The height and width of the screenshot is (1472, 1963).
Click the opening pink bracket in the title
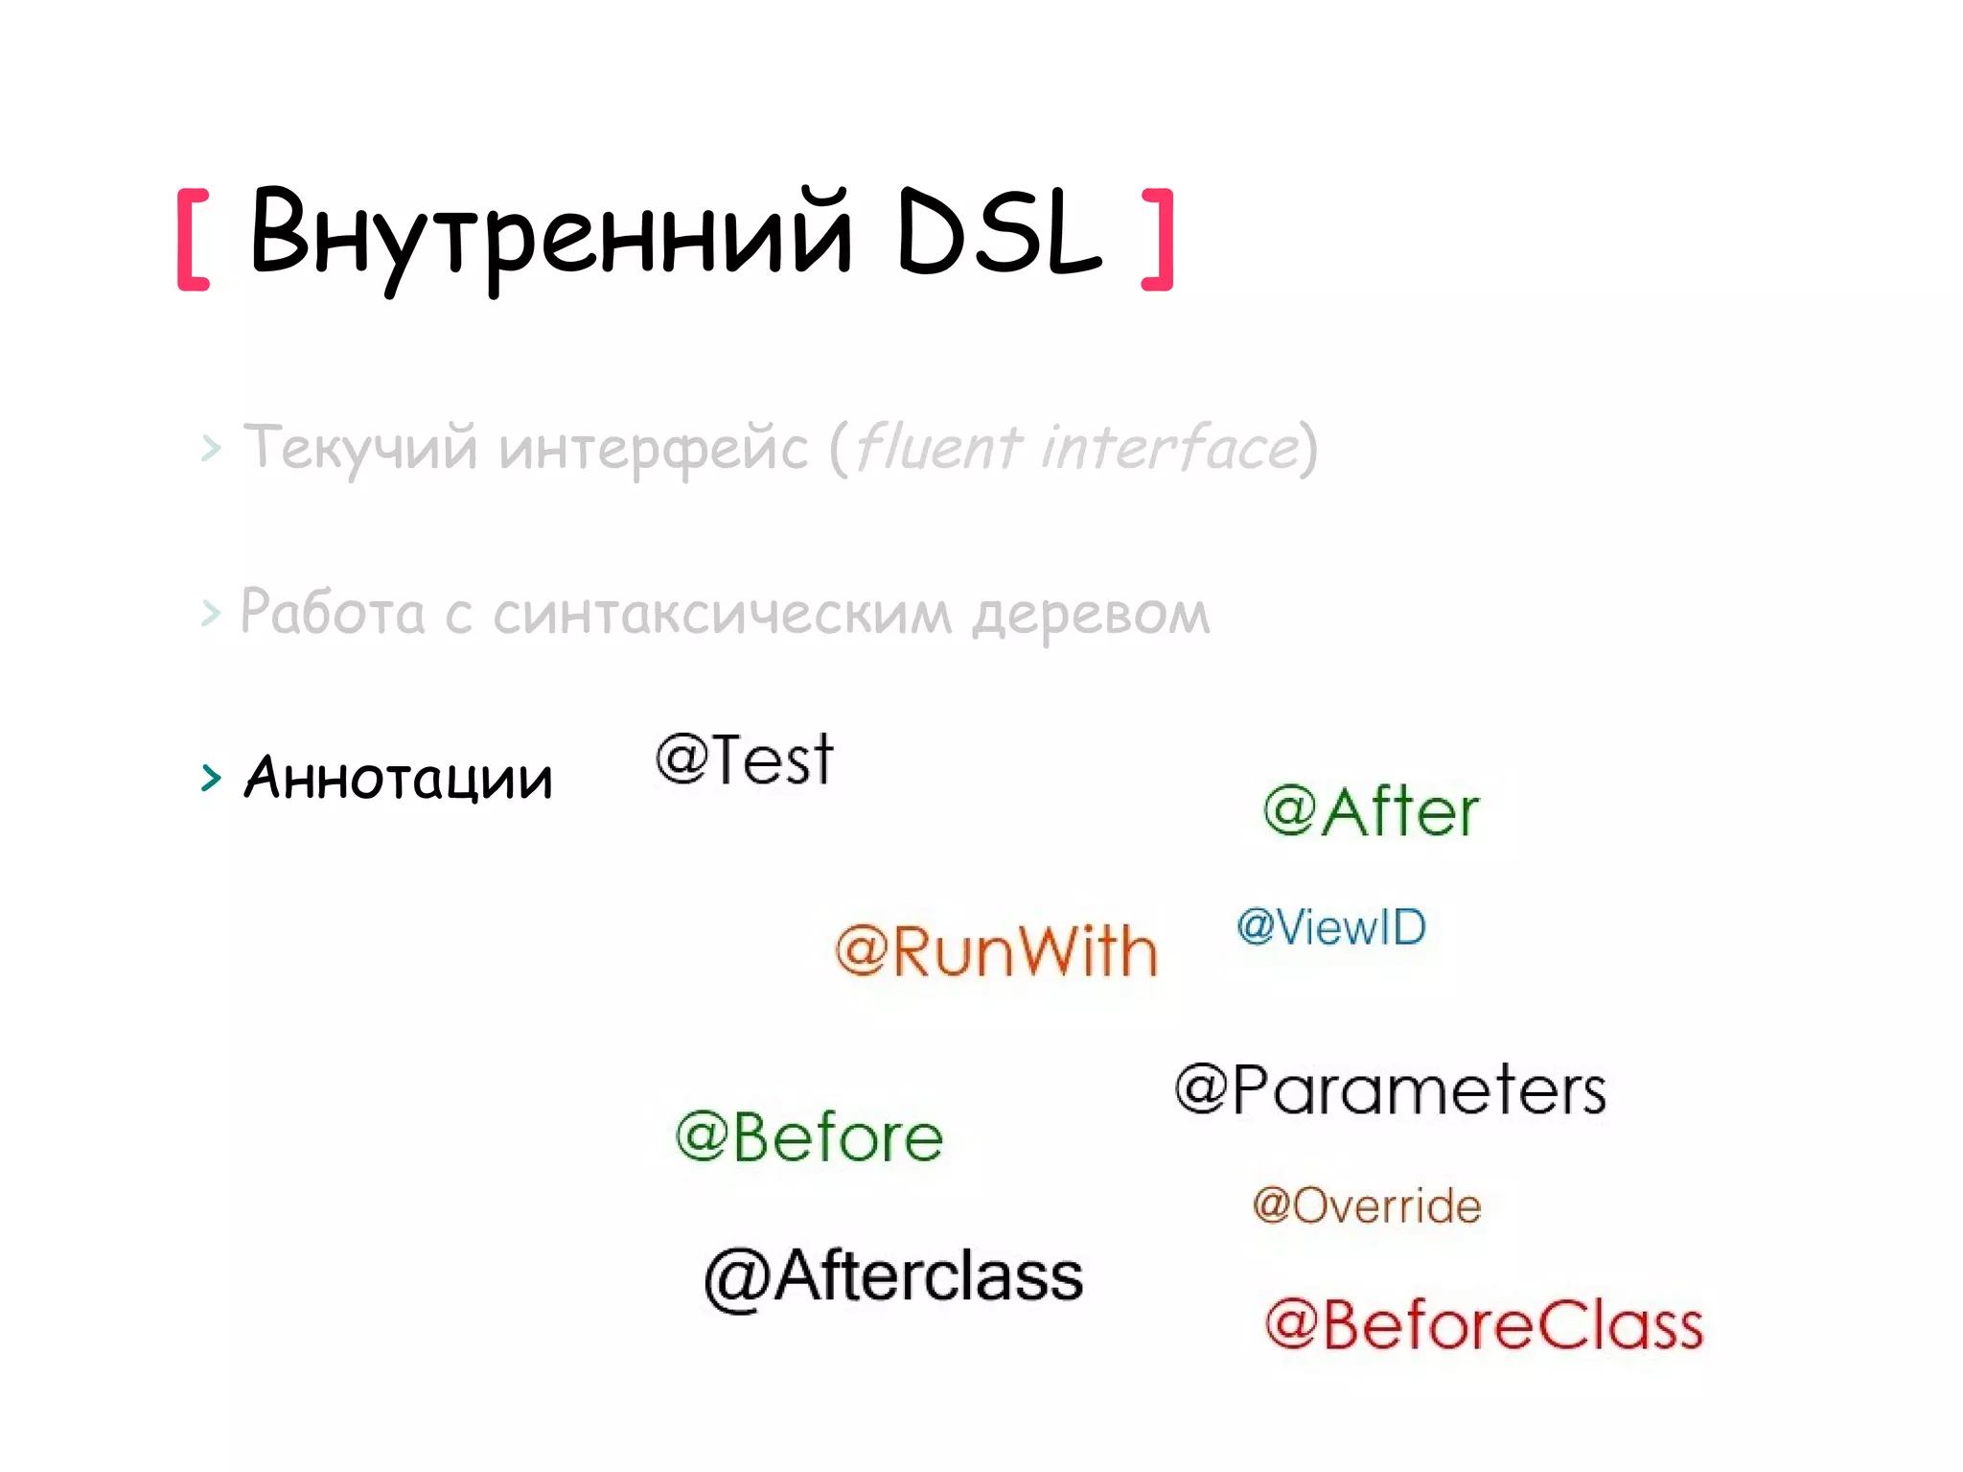[x=193, y=240]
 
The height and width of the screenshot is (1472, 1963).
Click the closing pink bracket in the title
[x=1159, y=240]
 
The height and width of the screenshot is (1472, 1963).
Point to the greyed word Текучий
[x=359, y=449]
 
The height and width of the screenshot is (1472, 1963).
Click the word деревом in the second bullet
[x=1091, y=614]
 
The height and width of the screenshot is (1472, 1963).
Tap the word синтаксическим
[x=722, y=614]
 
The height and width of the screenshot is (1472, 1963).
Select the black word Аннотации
[x=399, y=778]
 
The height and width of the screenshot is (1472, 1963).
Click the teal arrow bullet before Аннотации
[x=211, y=778]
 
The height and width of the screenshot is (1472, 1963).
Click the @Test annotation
[x=745, y=759]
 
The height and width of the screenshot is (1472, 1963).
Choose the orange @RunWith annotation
[x=996, y=951]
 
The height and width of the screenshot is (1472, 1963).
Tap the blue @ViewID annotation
[x=1330, y=927]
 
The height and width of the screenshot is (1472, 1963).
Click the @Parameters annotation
[x=1390, y=1090]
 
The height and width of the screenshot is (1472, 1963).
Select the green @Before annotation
[x=809, y=1137]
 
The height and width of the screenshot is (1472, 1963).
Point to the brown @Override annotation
[x=1366, y=1205]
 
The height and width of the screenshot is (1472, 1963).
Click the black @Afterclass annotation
[x=893, y=1277]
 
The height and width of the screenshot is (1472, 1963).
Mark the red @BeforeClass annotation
[x=1483, y=1325]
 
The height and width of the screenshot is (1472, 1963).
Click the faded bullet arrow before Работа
[x=211, y=613]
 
